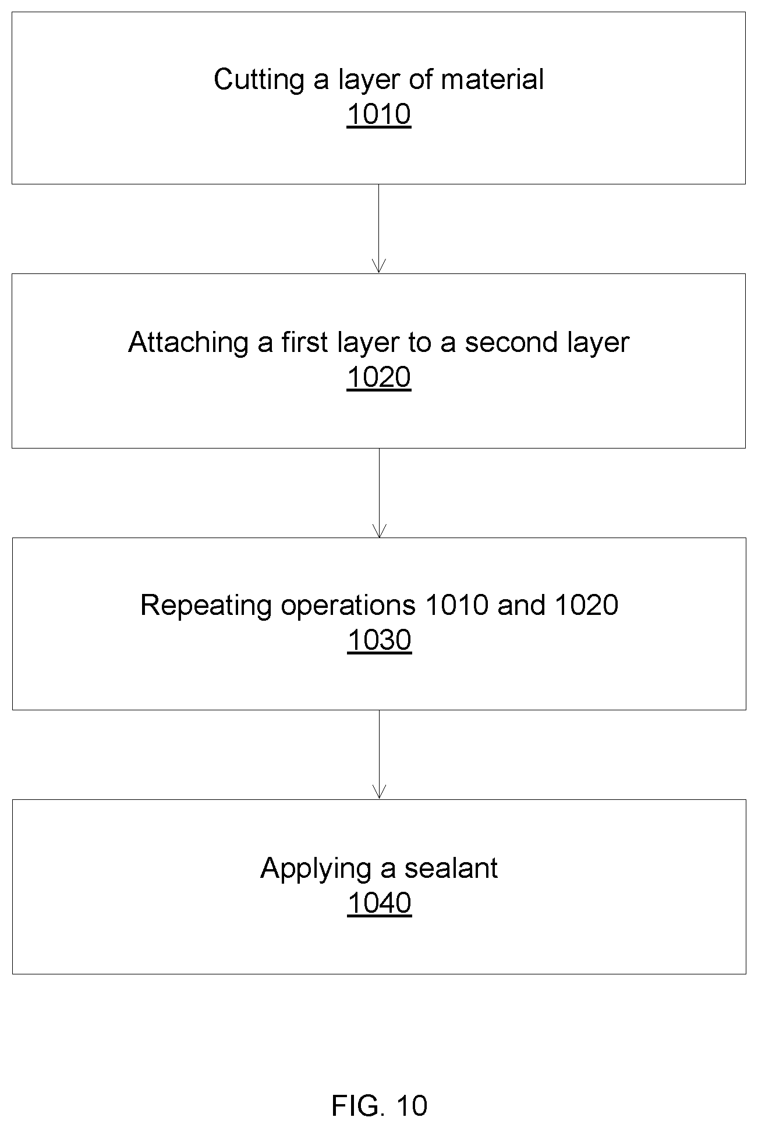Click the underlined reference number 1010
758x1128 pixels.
(379, 114)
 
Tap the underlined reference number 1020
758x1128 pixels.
(379, 377)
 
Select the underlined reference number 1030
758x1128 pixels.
(380, 640)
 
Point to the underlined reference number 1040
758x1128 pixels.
(380, 903)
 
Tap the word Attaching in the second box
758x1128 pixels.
(189, 343)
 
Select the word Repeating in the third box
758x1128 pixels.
(206, 606)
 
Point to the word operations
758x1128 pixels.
(348, 606)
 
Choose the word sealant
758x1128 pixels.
(451, 868)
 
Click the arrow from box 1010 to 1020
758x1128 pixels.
(379, 229)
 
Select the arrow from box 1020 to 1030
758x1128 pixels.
(379, 493)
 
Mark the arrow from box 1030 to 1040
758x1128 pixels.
(379, 755)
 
